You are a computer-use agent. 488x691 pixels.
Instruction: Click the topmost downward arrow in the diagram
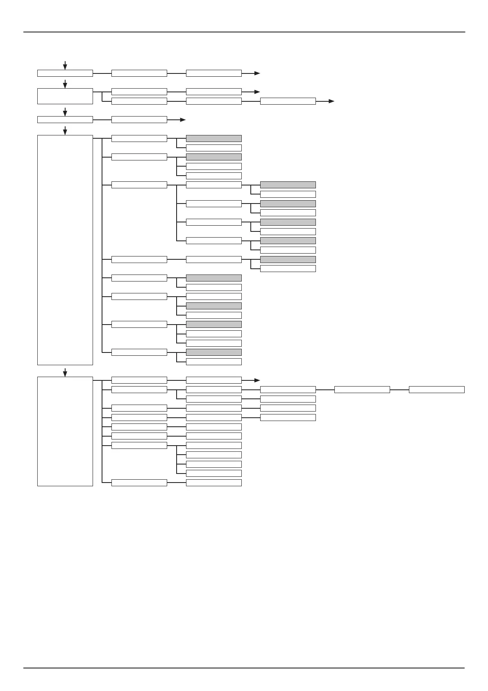[x=65, y=65]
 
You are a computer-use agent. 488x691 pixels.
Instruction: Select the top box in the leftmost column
[x=65, y=73]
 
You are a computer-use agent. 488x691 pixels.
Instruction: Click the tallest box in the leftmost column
[x=65, y=249]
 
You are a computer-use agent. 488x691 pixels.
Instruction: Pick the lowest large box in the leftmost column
[x=65, y=431]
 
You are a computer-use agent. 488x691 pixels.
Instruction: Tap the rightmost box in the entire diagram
[x=436, y=389]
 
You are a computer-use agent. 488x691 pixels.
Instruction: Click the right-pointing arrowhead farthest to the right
[x=331, y=101]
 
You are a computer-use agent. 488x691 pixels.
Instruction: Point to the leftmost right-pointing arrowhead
[x=183, y=119]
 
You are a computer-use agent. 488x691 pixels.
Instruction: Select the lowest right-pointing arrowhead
[x=257, y=380]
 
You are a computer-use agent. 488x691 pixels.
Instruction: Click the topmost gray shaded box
[x=213, y=138]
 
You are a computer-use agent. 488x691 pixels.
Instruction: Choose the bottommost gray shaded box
[x=213, y=352]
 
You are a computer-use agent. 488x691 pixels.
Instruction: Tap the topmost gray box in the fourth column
[x=288, y=185]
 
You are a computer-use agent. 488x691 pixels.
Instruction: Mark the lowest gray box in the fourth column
[x=288, y=259]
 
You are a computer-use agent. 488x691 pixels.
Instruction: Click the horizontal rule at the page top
[x=244, y=32]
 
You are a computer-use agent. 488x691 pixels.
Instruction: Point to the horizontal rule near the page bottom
[x=244, y=668]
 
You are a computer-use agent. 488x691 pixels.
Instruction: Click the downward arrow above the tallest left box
[x=65, y=130]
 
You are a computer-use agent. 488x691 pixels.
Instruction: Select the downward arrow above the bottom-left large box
[x=65, y=372]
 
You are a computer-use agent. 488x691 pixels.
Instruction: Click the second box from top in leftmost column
[x=65, y=96]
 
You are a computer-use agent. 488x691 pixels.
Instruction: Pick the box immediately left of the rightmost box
[x=362, y=389]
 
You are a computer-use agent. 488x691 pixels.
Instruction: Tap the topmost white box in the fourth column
[x=288, y=101]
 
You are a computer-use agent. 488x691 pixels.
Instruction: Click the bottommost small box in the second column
[x=139, y=483]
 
